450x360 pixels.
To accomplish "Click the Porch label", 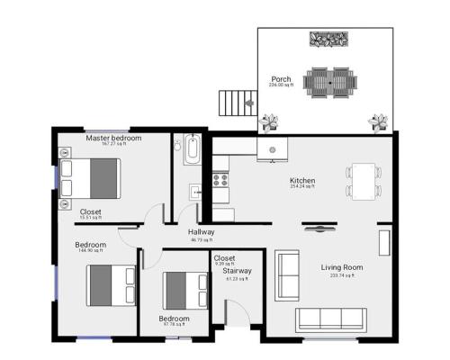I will [282, 79].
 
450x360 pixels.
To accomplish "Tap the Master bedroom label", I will [113, 139].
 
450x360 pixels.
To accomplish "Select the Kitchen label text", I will [302, 181].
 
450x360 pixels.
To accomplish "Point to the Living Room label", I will [342, 267].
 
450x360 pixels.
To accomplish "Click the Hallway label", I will [202, 232].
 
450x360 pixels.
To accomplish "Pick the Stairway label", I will [238, 270].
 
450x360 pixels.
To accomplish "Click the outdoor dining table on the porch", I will [330, 83].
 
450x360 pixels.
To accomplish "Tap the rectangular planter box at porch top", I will [329, 39].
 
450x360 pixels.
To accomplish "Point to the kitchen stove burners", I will [220, 178].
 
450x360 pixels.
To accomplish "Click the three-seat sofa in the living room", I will [329, 318].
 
